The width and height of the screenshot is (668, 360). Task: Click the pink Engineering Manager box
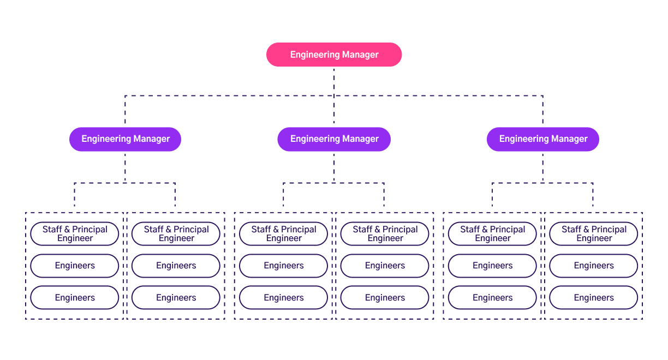pos(334,55)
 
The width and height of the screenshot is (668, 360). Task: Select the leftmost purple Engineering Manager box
pos(125,139)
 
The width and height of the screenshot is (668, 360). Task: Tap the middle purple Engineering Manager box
pos(334,139)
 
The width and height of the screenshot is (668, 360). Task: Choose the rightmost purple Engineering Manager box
pos(543,139)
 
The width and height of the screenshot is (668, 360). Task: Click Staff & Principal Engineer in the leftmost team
pos(75,234)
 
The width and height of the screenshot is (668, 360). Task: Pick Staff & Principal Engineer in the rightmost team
pos(594,234)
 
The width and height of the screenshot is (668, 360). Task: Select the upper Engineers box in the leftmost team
pos(75,266)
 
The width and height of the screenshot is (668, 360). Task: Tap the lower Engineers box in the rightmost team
pos(594,298)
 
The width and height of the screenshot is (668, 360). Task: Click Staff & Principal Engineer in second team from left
pos(176,234)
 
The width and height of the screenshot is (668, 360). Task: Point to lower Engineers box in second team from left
pos(176,298)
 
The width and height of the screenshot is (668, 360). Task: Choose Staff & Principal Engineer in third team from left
pos(284,234)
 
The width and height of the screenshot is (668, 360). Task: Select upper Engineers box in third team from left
pos(284,266)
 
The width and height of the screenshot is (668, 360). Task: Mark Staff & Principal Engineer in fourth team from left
pos(385,234)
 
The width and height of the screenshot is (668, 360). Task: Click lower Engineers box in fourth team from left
pos(385,298)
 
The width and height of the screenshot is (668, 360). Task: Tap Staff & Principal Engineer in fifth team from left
pos(492,234)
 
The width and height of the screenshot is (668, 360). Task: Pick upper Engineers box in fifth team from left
pos(492,266)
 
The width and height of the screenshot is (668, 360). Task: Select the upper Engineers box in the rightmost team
pos(594,266)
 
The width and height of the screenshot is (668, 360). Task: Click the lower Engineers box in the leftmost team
pos(75,298)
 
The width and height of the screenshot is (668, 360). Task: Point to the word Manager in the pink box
pos(360,55)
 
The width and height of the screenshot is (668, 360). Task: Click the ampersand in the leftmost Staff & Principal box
pos(68,230)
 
